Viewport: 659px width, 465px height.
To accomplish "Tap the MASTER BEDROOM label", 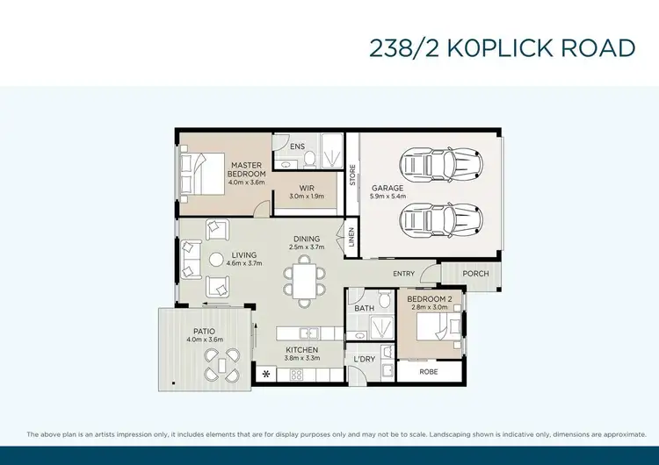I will [x=248, y=169].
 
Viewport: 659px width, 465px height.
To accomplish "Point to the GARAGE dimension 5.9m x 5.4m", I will [x=387, y=197].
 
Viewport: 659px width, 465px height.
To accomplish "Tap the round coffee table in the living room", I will [x=217, y=258].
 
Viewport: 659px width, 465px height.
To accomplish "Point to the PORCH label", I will [x=475, y=274].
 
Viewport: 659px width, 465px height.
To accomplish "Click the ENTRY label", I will [x=404, y=274].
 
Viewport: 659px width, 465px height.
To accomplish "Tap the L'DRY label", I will [x=365, y=360].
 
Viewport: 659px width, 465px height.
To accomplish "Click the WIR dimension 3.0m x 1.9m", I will [x=307, y=197].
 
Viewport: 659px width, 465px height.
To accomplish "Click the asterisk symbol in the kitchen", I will [x=266, y=375].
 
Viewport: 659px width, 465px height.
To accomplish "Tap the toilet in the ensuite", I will [x=309, y=159].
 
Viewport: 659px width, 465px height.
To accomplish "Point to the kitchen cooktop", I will [x=296, y=375].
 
